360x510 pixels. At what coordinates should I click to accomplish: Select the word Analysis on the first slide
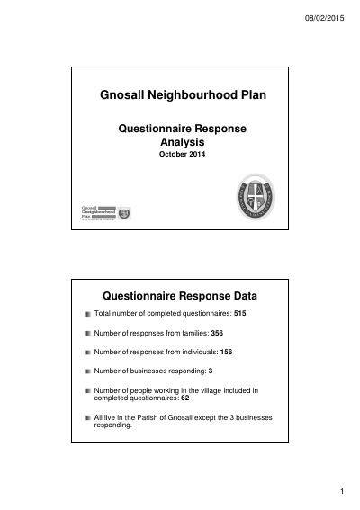(x=183, y=142)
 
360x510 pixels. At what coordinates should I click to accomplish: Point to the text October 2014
(x=183, y=155)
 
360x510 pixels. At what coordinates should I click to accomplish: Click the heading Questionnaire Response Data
(x=183, y=294)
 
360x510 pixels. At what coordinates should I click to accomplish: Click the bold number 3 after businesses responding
(x=210, y=371)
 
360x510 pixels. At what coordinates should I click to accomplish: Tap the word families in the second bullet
(x=191, y=334)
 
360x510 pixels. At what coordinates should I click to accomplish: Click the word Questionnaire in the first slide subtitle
(x=155, y=129)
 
